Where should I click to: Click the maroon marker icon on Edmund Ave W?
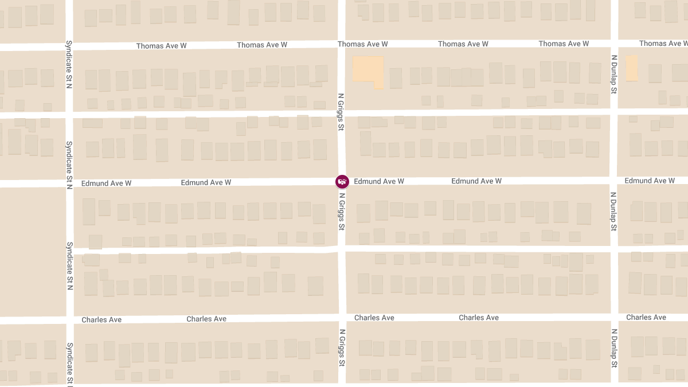pos(342,182)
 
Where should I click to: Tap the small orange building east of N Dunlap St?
pos(631,68)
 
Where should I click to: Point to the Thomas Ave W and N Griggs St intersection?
pos(341,44)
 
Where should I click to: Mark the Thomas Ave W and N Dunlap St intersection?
pos(614,43)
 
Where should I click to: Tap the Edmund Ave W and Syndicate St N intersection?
pos(69,183)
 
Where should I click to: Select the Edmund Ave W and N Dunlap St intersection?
pos(614,180)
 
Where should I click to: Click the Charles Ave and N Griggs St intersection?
pos(342,318)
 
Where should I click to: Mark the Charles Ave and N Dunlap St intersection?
pos(614,317)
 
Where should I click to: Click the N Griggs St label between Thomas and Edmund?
pos(341,112)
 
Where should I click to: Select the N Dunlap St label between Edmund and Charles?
pos(613,211)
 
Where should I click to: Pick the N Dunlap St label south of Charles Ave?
pos(614,347)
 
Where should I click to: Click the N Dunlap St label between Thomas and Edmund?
pos(613,74)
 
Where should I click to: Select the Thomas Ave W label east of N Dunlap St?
pos(660,44)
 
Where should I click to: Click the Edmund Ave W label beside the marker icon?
pos(379,181)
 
